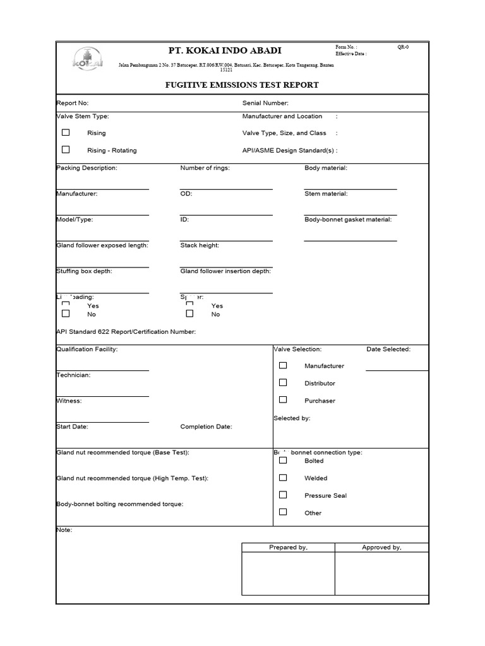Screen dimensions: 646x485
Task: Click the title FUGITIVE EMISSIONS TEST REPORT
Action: click(242, 85)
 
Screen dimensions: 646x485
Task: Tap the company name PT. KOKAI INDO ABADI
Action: click(225, 50)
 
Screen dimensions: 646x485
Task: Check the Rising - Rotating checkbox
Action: click(66, 150)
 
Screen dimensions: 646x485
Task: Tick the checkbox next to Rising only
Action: click(66, 132)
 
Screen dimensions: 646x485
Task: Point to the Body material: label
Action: click(326, 168)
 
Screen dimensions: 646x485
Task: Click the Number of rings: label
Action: click(205, 168)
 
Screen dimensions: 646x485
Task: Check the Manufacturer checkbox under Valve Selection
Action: click(283, 365)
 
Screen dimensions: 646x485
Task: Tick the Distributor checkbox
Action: click(283, 382)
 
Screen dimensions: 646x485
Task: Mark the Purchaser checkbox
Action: click(283, 400)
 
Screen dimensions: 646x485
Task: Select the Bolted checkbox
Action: click(283, 461)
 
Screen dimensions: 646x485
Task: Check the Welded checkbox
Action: click(283, 478)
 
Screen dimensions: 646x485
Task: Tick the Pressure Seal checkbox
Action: click(283, 495)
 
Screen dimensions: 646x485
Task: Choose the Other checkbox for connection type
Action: click(283, 512)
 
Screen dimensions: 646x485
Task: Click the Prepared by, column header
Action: click(288, 548)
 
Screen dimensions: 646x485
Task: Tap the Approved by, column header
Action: click(381, 548)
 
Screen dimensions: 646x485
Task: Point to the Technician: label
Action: click(73, 375)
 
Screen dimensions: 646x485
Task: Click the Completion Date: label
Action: click(206, 426)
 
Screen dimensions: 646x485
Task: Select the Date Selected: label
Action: click(388, 349)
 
